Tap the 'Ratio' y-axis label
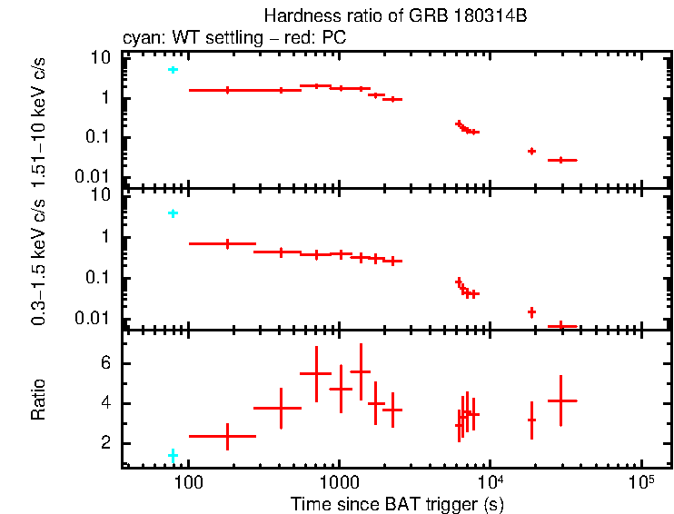[x=38, y=400]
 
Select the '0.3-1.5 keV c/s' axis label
[x=38, y=264]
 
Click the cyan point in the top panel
[x=173, y=70]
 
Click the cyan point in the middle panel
[x=173, y=213]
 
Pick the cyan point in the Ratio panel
[x=173, y=454]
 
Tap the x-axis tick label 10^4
[x=490, y=479]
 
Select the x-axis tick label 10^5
[x=640, y=479]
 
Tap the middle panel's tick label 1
[x=104, y=238]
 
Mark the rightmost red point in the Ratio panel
[x=561, y=400]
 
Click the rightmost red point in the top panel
[x=561, y=160]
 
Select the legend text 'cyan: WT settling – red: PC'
[x=234, y=38]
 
